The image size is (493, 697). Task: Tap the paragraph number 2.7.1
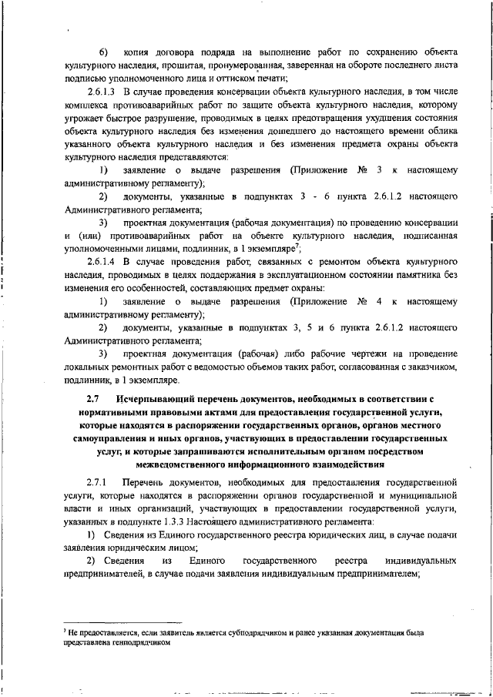[99, 481]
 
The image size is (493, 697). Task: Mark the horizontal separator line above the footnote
[121, 622]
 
